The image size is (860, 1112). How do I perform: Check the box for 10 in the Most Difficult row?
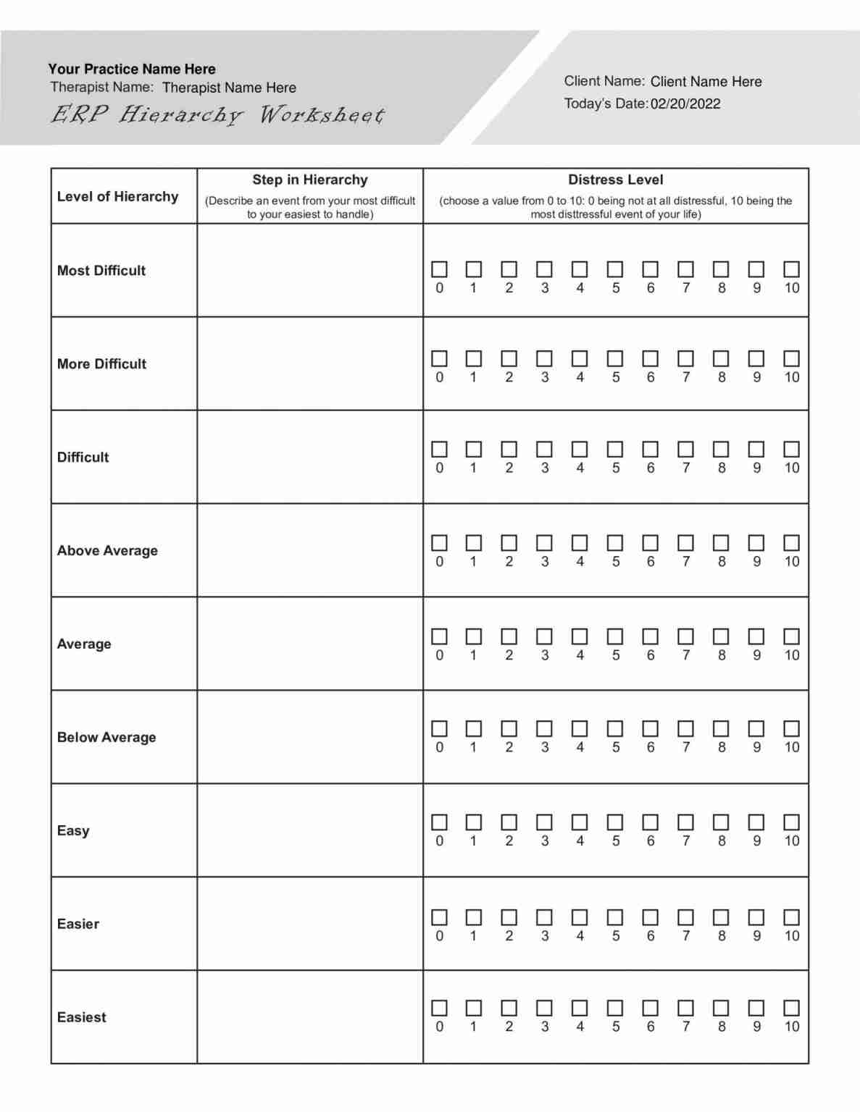(x=791, y=269)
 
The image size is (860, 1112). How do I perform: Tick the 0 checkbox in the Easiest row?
(x=439, y=1008)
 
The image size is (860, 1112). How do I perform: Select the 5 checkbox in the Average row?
(x=615, y=636)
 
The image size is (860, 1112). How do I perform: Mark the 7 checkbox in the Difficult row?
(x=685, y=450)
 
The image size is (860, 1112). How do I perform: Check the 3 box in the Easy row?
(x=544, y=822)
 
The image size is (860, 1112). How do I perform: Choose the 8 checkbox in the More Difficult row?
(x=721, y=358)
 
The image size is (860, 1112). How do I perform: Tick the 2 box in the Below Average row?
(x=509, y=728)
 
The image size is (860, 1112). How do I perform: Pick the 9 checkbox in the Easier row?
(x=756, y=917)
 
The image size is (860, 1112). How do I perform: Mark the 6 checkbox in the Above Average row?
(x=651, y=543)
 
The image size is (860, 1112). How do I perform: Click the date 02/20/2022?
(x=685, y=104)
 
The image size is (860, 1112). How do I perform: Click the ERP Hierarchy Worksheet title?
(x=217, y=115)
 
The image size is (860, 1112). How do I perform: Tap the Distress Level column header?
(x=615, y=180)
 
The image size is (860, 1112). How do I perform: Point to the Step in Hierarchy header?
(x=310, y=180)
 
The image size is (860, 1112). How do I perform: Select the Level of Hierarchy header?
(x=117, y=196)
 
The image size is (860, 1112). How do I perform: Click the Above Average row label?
(x=107, y=550)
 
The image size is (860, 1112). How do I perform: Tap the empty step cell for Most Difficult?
(x=310, y=270)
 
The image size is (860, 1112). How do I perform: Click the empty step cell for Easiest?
(x=310, y=1017)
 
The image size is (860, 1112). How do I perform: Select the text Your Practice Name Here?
(x=132, y=69)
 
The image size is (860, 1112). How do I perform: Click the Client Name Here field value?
(x=706, y=82)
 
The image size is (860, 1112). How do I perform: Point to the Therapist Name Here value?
(x=229, y=88)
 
